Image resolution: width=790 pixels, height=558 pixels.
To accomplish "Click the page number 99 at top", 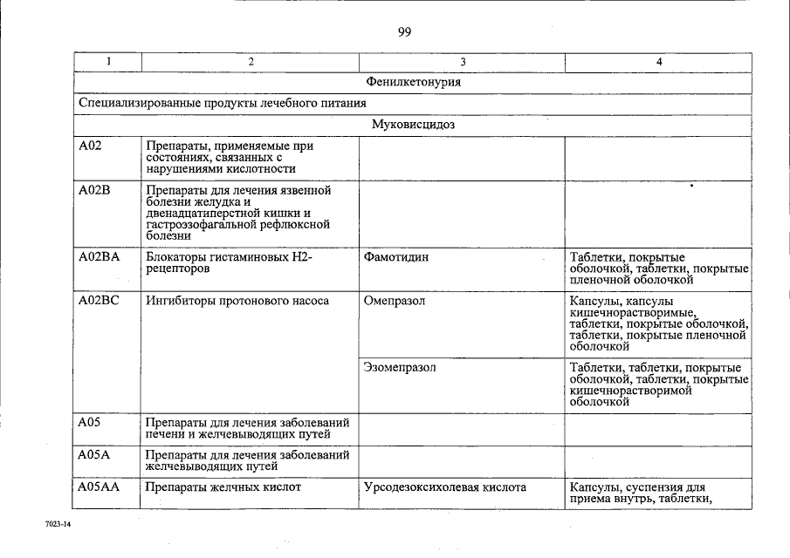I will click(404, 32).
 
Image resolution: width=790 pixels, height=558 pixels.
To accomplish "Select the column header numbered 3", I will click(462, 62).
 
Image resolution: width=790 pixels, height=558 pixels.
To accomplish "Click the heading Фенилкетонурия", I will click(414, 83).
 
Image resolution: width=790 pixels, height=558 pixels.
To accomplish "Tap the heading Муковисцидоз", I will click(413, 125).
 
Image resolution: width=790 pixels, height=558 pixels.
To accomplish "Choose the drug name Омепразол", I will click(393, 302).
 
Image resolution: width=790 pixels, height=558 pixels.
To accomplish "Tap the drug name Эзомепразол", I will click(399, 368).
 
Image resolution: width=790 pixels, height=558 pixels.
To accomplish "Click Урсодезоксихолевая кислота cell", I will click(444, 487).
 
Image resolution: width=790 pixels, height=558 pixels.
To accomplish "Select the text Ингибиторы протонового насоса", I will click(237, 302).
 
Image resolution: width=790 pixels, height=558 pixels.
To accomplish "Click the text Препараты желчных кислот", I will click(223, 487).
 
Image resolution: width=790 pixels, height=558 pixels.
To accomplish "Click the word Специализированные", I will click(131, 104).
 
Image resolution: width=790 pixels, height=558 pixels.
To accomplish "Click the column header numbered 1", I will click(108, 62).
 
